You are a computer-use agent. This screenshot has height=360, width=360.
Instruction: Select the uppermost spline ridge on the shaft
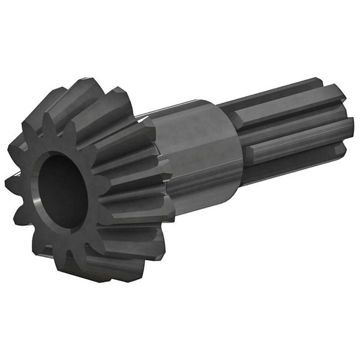pos(282,90)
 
